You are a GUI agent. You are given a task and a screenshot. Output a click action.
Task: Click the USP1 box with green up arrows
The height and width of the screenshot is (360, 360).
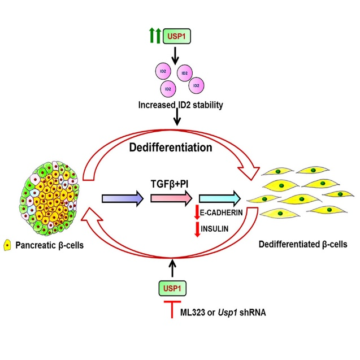176,36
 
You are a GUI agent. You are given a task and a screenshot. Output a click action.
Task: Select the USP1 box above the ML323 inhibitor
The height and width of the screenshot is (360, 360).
172,288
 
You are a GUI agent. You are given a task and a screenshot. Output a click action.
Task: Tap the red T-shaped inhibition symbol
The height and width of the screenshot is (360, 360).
172,309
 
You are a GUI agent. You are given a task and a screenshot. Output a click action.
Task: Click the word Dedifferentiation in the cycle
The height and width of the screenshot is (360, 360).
171,148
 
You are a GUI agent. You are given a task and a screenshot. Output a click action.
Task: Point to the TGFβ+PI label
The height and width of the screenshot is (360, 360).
170,184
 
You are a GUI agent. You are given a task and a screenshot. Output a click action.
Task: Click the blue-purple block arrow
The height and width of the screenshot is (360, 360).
123,198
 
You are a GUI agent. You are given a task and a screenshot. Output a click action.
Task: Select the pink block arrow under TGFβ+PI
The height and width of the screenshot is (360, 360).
171,198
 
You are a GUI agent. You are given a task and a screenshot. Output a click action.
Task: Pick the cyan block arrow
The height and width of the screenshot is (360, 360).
220,198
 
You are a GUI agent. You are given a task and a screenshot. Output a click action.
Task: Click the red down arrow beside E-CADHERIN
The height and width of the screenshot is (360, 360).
197,212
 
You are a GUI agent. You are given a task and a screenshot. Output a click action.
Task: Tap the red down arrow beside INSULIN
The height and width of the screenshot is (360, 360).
197,229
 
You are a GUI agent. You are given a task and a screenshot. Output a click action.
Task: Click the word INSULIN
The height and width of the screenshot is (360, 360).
214,229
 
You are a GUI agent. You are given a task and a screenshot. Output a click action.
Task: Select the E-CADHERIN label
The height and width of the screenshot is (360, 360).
222,212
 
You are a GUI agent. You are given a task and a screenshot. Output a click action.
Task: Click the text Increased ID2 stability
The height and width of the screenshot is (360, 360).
180,105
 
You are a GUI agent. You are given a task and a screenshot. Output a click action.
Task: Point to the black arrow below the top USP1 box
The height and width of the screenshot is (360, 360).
175,56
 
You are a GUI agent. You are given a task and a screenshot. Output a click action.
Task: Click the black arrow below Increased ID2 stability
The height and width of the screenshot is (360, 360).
177,117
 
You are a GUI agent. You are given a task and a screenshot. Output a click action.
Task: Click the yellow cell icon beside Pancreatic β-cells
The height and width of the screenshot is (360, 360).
7,245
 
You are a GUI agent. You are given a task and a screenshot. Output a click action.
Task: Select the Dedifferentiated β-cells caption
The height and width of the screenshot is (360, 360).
303,244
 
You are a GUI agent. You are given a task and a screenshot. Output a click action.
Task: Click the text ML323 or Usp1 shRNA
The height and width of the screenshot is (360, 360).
223,313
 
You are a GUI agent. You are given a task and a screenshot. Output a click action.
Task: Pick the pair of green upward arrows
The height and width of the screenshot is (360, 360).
155,36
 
